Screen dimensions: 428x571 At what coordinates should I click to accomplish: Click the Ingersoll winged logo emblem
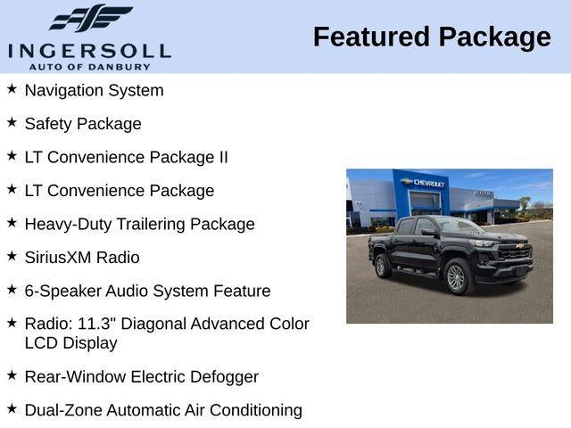90,19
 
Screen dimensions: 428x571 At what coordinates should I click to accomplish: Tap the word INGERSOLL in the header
89,50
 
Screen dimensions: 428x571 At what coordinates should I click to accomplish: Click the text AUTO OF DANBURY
89,66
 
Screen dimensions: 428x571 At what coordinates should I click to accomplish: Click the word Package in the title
494,37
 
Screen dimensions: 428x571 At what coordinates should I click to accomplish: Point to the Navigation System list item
94,90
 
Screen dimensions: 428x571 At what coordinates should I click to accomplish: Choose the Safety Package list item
83,124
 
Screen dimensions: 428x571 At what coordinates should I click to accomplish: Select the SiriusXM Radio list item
82,258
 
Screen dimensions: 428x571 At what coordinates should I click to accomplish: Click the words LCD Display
70,342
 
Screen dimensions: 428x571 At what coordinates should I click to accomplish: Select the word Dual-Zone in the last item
63,410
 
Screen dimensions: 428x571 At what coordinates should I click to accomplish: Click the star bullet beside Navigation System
12,89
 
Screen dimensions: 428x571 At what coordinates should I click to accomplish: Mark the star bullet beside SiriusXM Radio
12,256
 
